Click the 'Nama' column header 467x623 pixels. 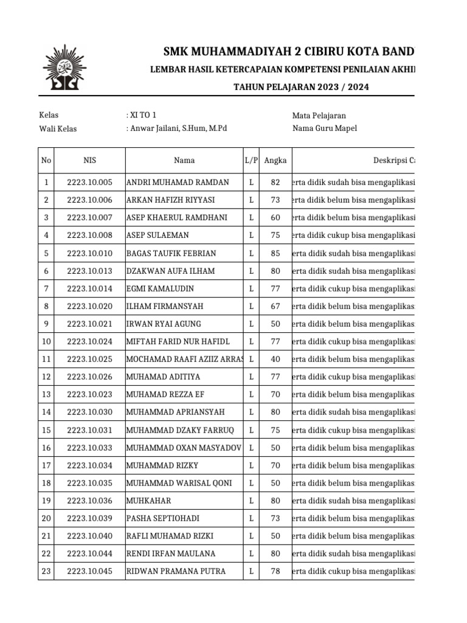click(x=184, y=161)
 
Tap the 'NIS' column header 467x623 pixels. click(x=89, y=161)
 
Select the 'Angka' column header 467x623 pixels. click(x=275, y=161)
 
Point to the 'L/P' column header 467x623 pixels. click(x=251, y=161)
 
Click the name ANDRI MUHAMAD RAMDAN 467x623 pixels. click(x=178, y=183)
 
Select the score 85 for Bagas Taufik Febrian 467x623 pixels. click(x=275, y=253)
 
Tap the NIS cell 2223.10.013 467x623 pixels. click(x=89, y=271)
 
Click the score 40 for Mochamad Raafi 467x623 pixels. click(x=275, y=360)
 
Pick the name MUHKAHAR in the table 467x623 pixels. click(x=148, y=501)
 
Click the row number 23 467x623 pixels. click(x=46, y=571)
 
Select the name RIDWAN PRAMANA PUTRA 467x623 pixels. click(x=176, y=571)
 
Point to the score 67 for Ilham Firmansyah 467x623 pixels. click(x=275, y=306)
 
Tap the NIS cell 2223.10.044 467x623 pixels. click(x=89, y=554)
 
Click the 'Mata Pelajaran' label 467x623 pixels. click(x=319, y=116)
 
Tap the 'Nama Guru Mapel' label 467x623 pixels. click(x=325, y=128)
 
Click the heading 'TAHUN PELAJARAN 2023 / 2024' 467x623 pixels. click(x=301, y=87)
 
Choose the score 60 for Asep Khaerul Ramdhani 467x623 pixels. click(x=275, y=218)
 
